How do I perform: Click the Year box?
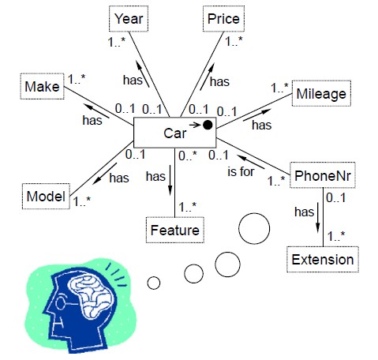[x=127, y=17]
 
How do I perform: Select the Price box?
[x=223, y=17]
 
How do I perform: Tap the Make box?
[x=42, y=85]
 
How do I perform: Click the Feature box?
[x=174, y=230]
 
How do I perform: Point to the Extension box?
[x=321, y=259]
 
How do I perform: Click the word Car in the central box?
[x=174, y=133]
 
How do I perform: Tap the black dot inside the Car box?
[x=207, y=125]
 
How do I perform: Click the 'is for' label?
[x=241, y=171]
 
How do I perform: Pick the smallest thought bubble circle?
[x=154, y=282]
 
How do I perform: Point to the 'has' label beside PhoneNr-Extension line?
[x=304, y=212]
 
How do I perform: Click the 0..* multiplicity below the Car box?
[x=186, y=156]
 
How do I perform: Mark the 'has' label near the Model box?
[x=119, y=178]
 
